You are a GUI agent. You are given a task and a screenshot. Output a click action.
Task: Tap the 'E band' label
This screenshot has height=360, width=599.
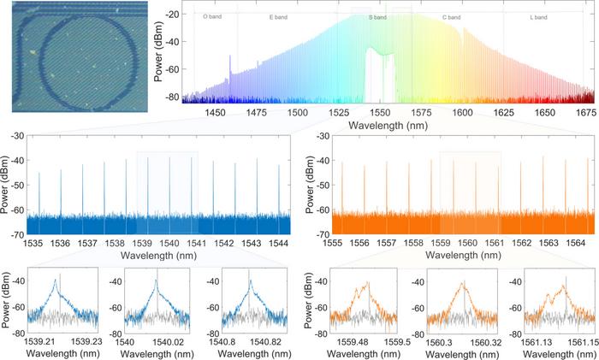[x=278, y=17]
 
